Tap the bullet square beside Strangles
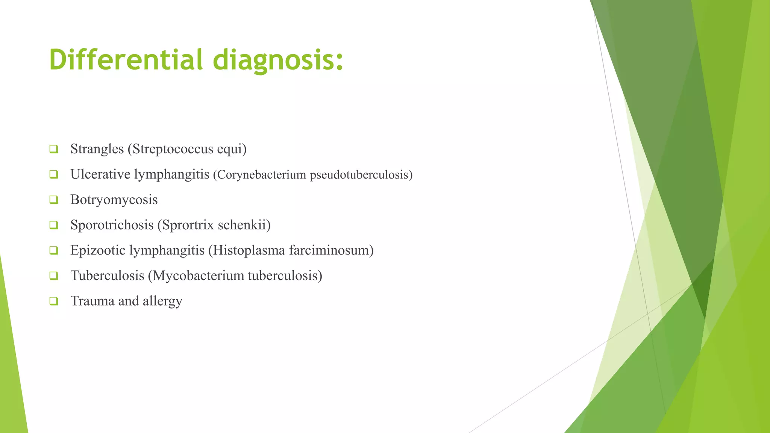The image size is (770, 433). pos(53,149)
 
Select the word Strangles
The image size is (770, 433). pos(97,149)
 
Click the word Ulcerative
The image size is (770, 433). pos(100,174)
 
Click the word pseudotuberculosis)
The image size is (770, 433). pos(361,175)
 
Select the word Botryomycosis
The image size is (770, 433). pos(114,200)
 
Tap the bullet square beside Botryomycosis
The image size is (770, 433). pos(53,200)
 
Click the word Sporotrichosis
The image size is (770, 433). pos(112,225)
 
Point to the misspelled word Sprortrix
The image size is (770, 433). pos(188,225)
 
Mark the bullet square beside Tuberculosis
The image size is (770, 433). pos(53,276)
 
